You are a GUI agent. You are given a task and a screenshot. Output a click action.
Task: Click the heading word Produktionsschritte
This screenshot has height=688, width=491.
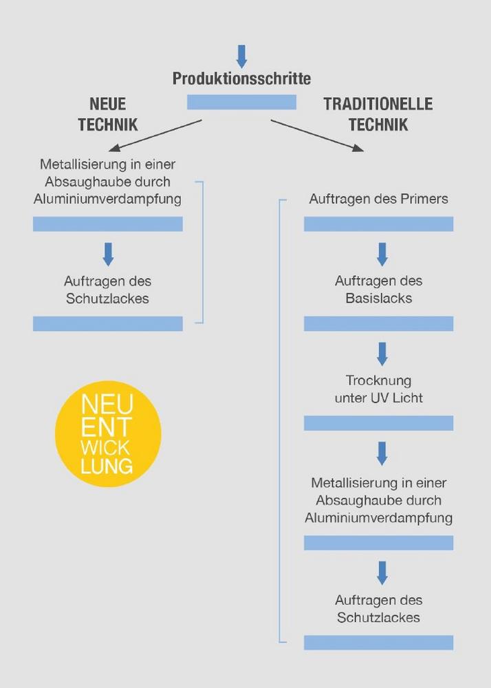[241, 78]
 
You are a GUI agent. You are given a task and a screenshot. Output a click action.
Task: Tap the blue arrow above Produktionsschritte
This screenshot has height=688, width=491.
[241, 56]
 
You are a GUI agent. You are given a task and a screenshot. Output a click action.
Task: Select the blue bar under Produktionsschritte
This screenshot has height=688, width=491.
[241, 102]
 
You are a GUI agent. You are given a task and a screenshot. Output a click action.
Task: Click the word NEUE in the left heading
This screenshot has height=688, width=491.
[108, 104]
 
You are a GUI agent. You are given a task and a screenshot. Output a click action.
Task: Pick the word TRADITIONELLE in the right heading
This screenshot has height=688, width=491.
[378, 104]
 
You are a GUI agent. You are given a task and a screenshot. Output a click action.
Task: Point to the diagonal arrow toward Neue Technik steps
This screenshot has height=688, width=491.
[155, 136]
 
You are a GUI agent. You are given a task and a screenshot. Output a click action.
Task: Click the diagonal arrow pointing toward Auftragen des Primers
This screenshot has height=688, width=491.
[318, 136]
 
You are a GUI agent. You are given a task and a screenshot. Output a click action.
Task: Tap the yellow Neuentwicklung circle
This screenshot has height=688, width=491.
[108, 433]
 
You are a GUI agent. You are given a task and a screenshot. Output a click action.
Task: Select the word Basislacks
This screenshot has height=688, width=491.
[379, 299]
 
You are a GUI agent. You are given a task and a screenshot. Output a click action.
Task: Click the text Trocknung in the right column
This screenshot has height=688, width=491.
[379, 380]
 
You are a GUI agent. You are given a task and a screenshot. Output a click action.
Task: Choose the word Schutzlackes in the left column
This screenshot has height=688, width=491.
[107, 299]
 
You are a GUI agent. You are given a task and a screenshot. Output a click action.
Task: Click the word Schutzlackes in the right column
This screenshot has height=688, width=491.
[379, 617]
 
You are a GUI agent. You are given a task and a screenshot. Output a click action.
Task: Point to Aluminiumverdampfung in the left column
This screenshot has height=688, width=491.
[107, 199]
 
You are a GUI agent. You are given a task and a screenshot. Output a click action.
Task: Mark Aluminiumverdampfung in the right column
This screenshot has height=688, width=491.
[379, 518]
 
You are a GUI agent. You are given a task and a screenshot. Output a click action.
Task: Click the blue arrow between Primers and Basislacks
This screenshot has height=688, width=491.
[382, 255]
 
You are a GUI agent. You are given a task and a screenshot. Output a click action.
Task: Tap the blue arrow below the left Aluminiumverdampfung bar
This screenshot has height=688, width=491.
[108, 255]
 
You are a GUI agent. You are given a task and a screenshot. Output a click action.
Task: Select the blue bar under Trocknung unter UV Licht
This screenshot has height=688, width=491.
[379, 423]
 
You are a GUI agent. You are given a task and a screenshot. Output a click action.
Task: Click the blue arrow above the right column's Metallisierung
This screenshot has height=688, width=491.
[382, 453]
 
